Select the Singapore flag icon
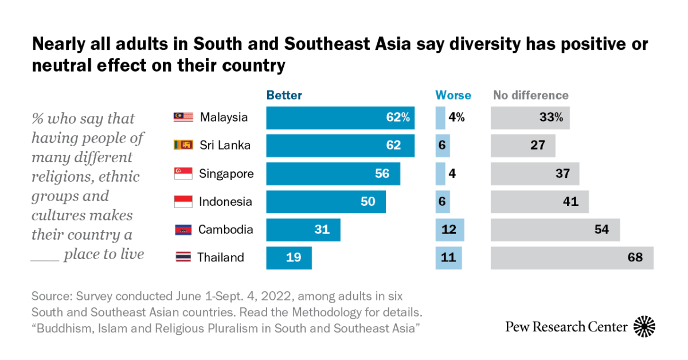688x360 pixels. coord(183,174)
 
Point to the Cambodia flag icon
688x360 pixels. coord(183,230)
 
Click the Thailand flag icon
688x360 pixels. coord(183,257)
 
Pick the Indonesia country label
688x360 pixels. coord(225,202)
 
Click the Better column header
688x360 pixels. coord(284,95)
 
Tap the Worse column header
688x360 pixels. coord(453,95)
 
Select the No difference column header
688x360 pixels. coord(531,95)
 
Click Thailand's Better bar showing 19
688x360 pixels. coord(289,258)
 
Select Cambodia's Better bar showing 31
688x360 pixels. coord(303,230)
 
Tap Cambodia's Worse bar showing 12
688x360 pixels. coord(450,230)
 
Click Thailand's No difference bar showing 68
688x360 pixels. coord(572,258)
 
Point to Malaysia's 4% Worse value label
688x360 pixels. coord(456,118)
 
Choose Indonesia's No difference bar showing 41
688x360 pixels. coord(540,202)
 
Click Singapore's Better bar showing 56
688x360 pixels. coord(333,174)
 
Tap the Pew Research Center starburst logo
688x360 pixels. coord(644,327)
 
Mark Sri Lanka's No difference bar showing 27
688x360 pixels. coord(523,146)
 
